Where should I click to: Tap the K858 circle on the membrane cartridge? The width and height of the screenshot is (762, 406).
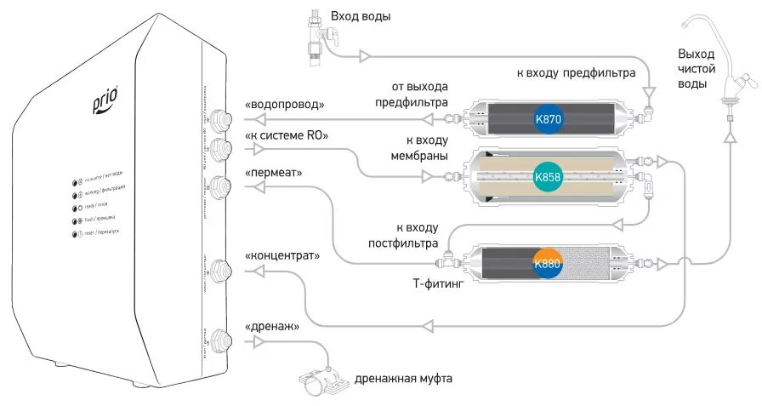point(547,177)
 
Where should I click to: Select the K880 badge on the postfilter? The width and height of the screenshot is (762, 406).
point(548,263)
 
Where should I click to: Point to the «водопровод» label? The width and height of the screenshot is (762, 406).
point(285,104)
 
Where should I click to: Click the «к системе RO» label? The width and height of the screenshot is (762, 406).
point(286,136)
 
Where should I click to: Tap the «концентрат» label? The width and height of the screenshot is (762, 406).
point(281,254)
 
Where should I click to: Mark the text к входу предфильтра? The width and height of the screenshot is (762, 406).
point(576,73)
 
